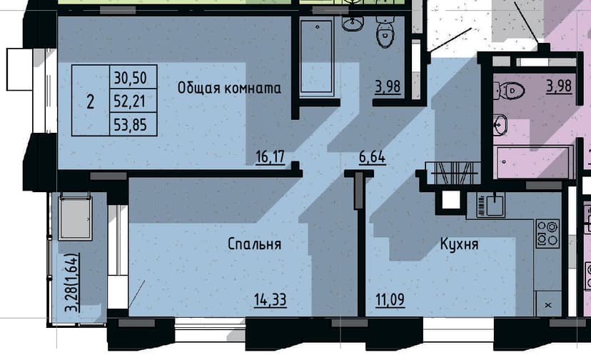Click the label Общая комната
(229, 89)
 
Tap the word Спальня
(254, 244)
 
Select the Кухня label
(459, 244)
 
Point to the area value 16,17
(271, 156)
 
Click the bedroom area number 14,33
(271, 300)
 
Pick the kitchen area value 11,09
(390, 300)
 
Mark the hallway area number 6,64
(372, 156)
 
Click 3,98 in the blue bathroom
(388, 86)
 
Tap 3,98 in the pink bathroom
(559, 86)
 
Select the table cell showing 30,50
(131, 77)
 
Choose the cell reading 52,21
(130, 101)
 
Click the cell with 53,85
(131, 124)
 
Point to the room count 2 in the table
(91, 102)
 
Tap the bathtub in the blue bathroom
(317, 56)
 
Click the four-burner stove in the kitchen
(547, 234)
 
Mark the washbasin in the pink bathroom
(500, 125)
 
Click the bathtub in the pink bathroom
(533, 162)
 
